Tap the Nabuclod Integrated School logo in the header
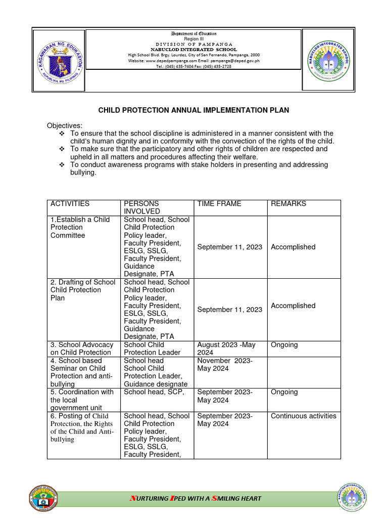coord(329,60)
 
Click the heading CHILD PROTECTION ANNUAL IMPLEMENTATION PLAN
coord(193,110)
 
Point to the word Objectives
coord(65,125)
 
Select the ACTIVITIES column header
coord(70,204)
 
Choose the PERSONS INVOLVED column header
coord(142,207)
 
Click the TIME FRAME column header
coord(219,204)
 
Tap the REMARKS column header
coord(288,204)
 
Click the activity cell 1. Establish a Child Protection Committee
coord(81,227)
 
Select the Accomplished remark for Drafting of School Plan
coord(293,306)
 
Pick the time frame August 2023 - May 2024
coord(226,349)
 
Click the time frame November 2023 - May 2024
coord(225,364)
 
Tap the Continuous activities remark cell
coord(303,416)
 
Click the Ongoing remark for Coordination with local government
coord(284,392)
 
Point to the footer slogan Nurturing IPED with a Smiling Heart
coord(196,498)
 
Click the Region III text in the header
coord(193,38)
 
